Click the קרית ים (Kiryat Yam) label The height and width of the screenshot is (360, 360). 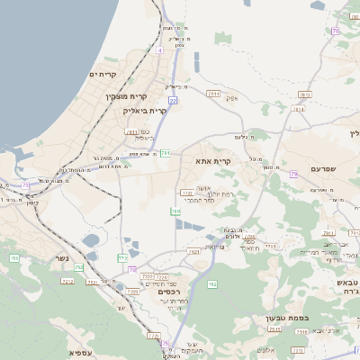click(105, 75)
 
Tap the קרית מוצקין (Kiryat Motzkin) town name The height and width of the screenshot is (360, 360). click(126, 95)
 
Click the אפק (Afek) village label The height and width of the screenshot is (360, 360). click(231, 98)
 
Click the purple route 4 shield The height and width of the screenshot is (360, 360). click(160, 50)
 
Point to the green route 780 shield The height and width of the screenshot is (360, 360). click(176, 211)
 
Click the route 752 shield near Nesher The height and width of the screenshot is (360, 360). click(79, 267)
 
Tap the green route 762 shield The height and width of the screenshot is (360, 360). click(212, 284)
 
